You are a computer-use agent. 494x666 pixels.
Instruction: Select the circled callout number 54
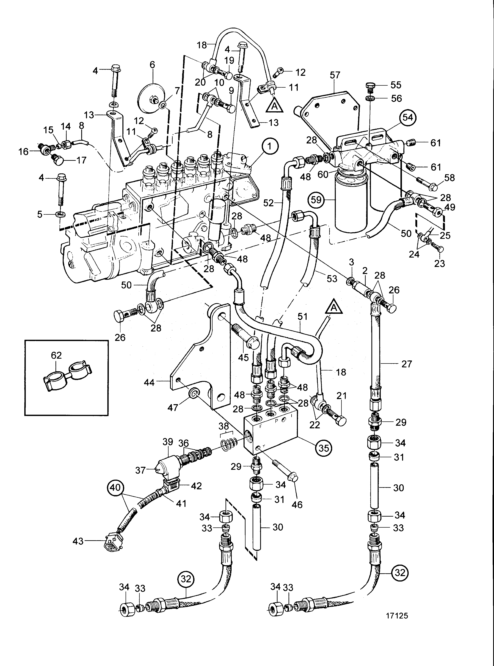pyautogui.click(x=407, y=118)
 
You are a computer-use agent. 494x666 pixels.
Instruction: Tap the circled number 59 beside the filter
pyautogui.click(x=316, y=200)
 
